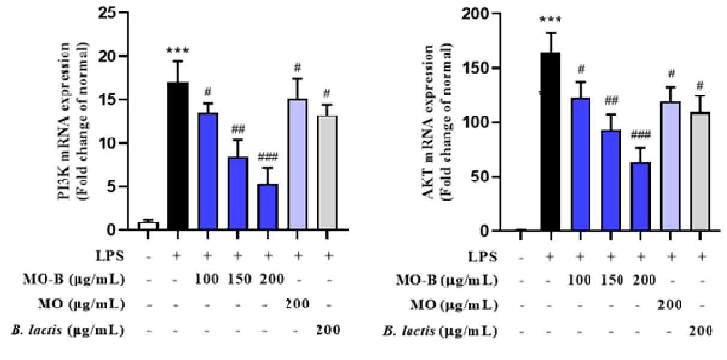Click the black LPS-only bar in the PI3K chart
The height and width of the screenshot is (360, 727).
point(178,156)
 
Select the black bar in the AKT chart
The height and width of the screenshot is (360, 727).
point(550,141)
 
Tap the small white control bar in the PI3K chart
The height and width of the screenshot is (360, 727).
point(148,226)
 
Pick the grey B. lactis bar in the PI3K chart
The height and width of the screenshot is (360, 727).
point(327,173)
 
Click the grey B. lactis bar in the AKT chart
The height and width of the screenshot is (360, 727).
point(700,171)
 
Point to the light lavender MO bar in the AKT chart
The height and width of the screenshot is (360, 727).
point(671,167)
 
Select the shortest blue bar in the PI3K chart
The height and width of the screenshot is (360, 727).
point(267,207)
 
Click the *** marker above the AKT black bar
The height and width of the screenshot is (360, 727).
point(550,19)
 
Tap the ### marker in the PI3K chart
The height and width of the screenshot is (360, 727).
point(268,158)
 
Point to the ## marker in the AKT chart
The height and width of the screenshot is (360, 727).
point(611,101)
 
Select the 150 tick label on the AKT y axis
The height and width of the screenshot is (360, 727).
point(475,68)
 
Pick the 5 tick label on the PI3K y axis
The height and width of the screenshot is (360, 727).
point(111,187)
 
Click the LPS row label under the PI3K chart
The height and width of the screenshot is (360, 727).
point(110,256)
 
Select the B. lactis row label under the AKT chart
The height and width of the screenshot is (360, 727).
point(440,331)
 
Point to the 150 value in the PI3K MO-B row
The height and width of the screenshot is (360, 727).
point(239,279)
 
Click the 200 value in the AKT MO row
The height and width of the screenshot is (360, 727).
point(669,305)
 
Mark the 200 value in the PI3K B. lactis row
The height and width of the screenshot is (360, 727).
point(328,330)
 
